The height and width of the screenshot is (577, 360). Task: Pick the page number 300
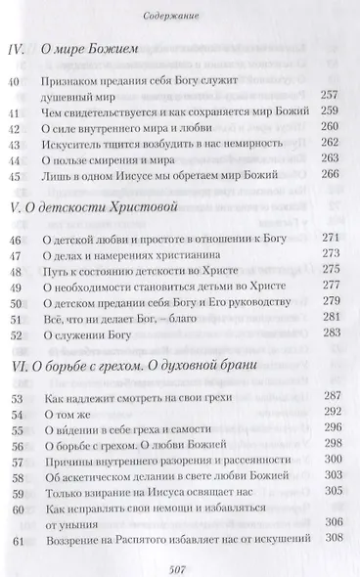point(331,486)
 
